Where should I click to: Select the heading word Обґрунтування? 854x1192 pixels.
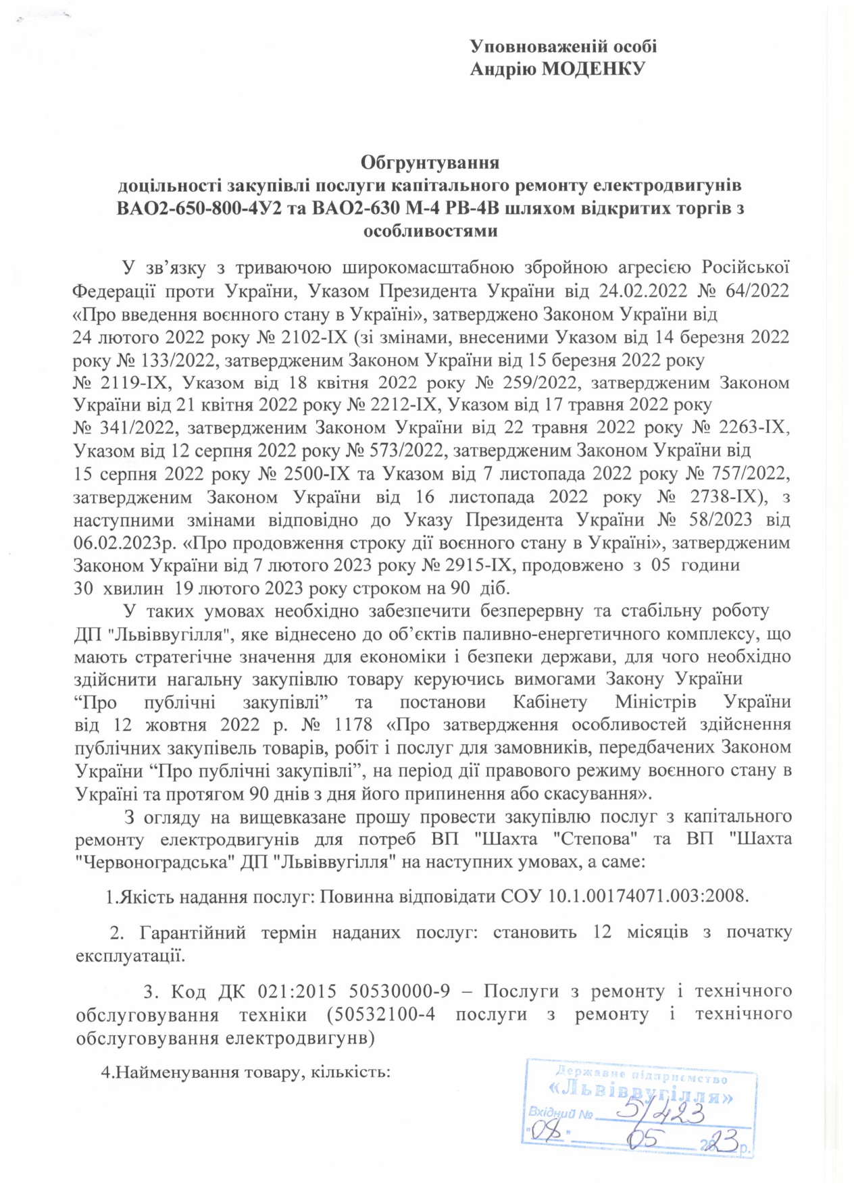430,163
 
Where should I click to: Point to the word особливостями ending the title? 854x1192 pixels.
430,231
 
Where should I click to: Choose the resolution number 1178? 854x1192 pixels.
353,725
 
